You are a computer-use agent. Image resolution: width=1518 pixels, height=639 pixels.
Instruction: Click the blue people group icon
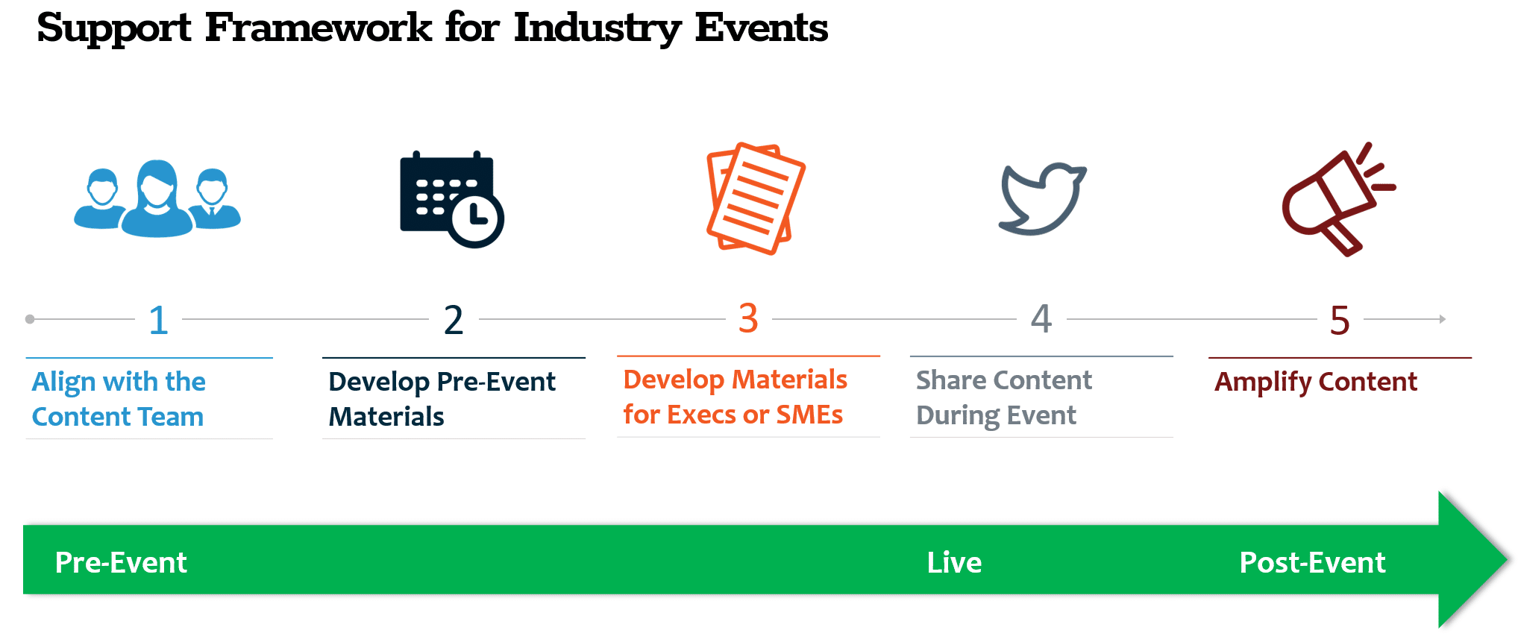click(x=157, y=200)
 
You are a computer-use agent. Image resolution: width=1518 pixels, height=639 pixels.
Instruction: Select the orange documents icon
click(x=755, y=198)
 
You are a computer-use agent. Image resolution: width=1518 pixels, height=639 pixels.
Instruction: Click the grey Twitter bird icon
click(x=1041, y=198)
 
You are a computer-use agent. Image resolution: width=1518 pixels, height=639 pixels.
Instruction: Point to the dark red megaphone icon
click(x=1335, y=200)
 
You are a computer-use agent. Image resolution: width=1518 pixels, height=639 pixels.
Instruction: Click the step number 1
click(x=158, y=321)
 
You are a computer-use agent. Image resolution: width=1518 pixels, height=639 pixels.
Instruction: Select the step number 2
click(x=454, y=321)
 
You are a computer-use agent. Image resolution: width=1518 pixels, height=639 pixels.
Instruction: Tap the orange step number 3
click(x=748, y=318)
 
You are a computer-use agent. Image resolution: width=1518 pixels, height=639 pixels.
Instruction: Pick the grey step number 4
click(x=1041, y=319)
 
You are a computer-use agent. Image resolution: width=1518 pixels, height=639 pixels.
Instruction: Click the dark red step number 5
click(x=1340, y=321)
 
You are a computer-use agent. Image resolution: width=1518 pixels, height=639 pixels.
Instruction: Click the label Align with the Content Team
click(x=119, y=399)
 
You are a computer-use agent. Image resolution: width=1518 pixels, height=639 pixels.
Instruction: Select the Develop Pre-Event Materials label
click(x=442, y=399)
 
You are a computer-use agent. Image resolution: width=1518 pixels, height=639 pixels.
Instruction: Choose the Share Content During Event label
click(x=1003, y=397)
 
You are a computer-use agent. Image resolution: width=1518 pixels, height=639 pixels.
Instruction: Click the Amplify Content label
click(x=1316, y=382)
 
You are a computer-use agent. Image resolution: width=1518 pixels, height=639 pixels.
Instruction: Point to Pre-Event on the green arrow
click(x=121, y=562)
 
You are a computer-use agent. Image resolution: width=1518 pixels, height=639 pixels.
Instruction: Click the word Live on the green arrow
click(x=954, y=562)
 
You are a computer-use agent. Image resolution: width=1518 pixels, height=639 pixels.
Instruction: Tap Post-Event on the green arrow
click(x=1312, y=562)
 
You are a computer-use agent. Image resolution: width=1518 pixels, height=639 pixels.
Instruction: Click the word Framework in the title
click(x=319, y=28)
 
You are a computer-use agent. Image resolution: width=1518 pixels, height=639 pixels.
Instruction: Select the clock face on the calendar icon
click(x=476, y=220)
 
